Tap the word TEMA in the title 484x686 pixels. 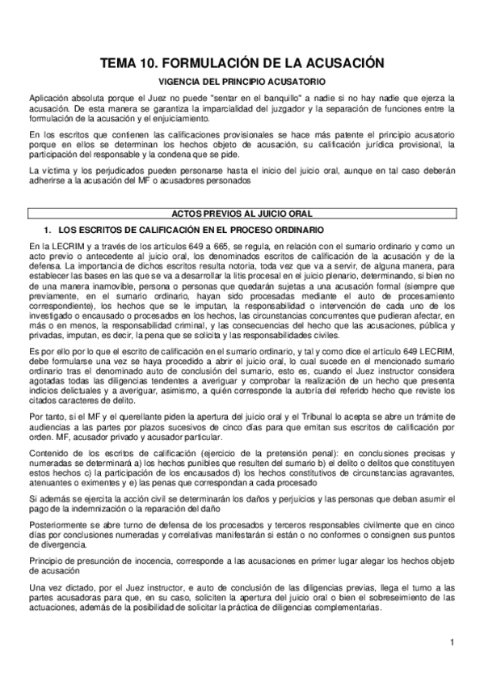(x=119, y=63)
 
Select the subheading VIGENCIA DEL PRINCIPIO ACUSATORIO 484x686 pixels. (x=242, y=83)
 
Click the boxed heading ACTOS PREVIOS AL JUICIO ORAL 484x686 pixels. (x=242, y=214)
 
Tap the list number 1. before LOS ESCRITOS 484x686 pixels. (x=48, y=230)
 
